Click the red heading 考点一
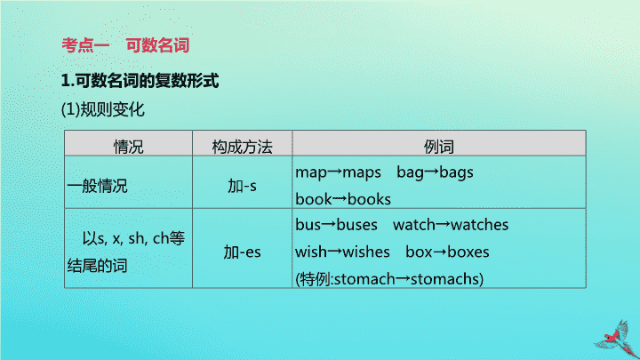[x=85, y=45]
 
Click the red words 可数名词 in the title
[x=157, y=45]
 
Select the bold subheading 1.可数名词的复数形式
[x=140, y=80]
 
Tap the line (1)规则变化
[x=103, y=109]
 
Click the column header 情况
[x=129, y=147]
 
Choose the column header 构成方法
[x=242, y=147]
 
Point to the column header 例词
[x=439, y=147]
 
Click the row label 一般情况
[x=98, y=186]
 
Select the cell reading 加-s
[x=242, y=186]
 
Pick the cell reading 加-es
[x=242, y=252]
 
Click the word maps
[x=362, y=172]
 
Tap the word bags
[x=456, y=172]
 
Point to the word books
[x=369, y=199]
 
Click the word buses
[x=356, y=225]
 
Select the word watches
[x=480, y=225]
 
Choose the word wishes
[x=366, y=252]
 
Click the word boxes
[x=468, y=252]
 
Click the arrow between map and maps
[x=335, y=172]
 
